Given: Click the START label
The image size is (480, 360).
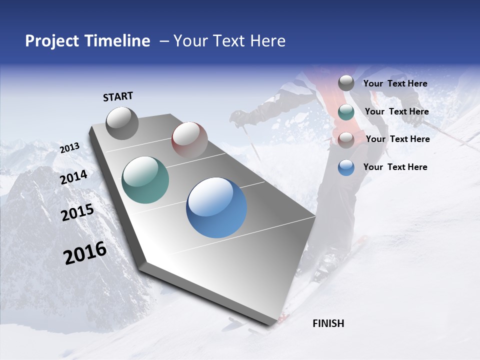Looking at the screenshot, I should (118, 96).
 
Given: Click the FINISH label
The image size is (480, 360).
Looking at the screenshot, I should (328, 323).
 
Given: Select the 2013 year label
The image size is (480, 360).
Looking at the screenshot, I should (69, 148).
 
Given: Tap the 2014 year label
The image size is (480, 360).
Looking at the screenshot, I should (73, 177).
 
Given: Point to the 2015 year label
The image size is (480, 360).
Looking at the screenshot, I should (77, 212).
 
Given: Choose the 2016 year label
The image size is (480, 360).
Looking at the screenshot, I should (85, 253).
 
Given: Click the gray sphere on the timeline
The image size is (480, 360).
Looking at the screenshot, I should (122, 123).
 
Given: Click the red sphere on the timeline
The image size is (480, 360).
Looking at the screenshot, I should (189, 140).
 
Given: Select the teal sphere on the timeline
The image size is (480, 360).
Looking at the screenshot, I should (145, 180).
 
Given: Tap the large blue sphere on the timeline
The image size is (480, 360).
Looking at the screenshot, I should (216, 207).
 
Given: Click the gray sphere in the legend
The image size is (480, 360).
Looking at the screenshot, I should (346, 83).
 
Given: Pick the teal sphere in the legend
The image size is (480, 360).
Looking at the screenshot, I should (346, 112).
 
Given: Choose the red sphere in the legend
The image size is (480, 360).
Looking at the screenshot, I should (346, 140).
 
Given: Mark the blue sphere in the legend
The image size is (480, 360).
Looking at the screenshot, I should (346, 167).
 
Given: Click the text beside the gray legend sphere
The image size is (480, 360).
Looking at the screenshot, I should (395, 83).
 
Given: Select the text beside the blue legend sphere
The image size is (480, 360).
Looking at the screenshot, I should (395, 167).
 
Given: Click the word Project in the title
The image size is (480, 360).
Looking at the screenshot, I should (51, 41).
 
